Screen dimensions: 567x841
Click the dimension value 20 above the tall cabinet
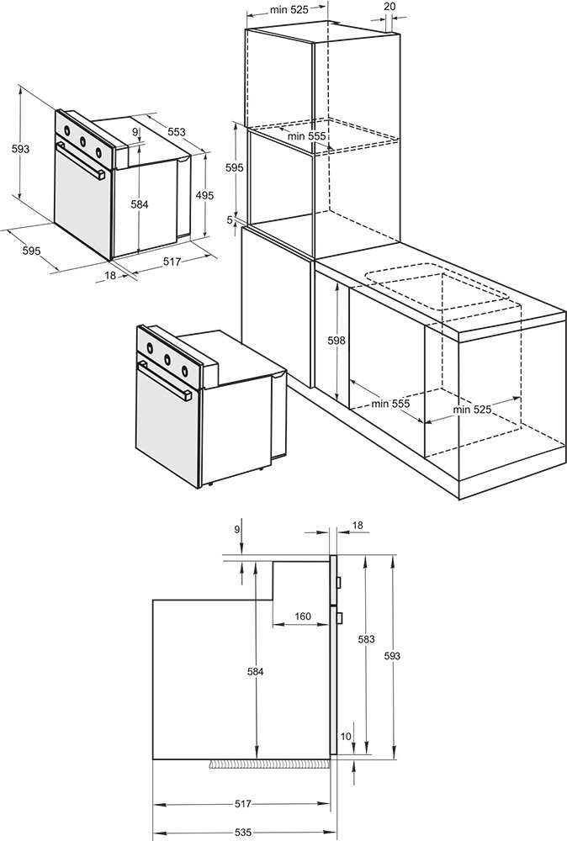click(390, 7)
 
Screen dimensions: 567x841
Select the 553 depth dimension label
click(177, 132)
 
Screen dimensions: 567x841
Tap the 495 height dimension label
click(204, 196)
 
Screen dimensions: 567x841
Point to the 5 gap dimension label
click(231, 220)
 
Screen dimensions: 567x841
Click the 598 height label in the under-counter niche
click(336, 340)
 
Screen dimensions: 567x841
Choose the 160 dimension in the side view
click(303, 616)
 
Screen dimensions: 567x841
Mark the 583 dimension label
click(367, 639)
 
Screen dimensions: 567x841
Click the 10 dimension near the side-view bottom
click(346, 737)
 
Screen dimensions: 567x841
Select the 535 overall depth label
click(242, 833)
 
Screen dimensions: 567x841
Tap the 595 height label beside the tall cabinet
click(235, 168)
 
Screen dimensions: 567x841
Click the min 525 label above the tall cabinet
click(289, 9)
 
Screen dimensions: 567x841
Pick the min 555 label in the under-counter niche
click(390, 404)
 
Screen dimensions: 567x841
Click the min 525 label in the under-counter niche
click(472, 410)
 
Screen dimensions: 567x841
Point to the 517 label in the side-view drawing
click(242, 804)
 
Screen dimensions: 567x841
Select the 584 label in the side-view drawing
click(256, 671)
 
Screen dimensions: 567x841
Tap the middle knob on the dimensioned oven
click(83, 141)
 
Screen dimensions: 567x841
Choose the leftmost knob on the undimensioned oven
click(151, 348)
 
